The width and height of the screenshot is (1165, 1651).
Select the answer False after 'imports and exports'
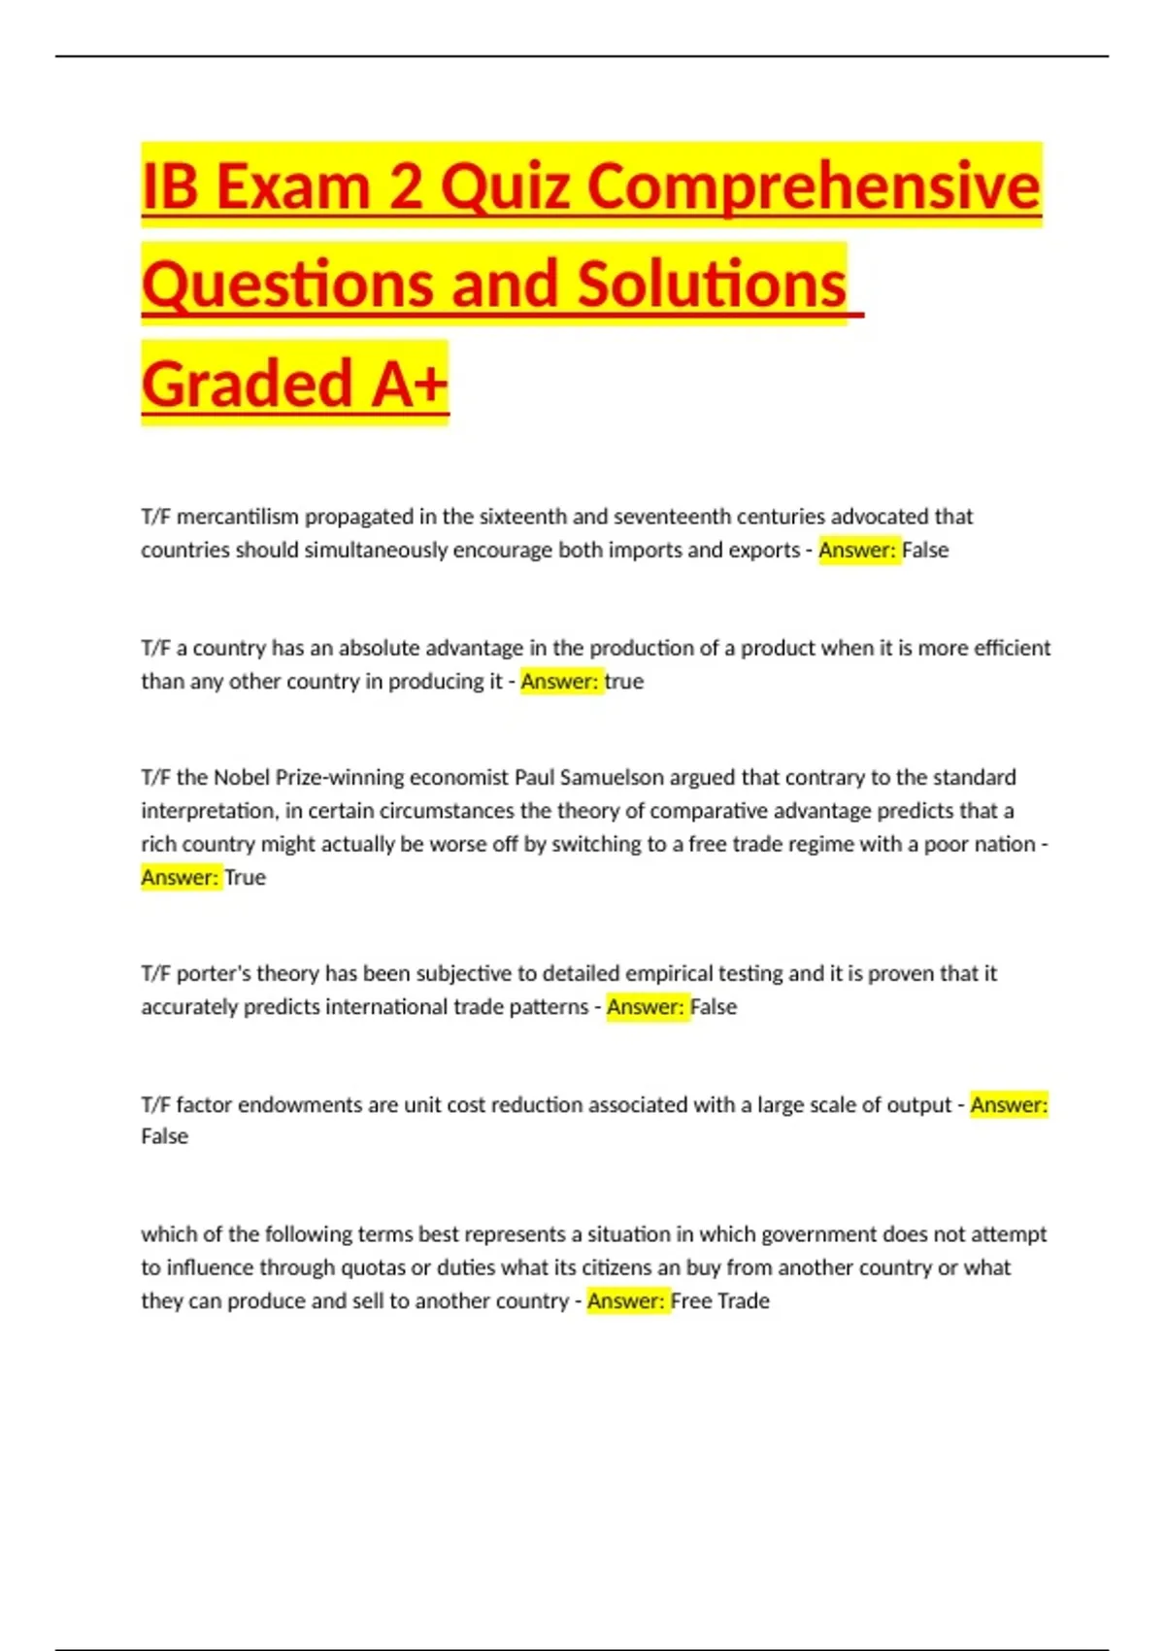pyautogui.click(x=925, y=550)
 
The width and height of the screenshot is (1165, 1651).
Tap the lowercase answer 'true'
pyautogui.click(x=623, y=681)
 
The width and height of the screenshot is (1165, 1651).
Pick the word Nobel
pyautogui.click(x=242, y=777)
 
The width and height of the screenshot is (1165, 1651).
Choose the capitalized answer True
pyautogui.click(x=245, y=877)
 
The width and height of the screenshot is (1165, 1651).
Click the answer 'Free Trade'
pyautogui.click(x=719, y=1300)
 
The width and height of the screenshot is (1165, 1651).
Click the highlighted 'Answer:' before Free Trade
pyautogui.click(x=627, y=1300)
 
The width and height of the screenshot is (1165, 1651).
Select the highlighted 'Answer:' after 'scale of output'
pyautogui.click(x=1009, y=1104)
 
